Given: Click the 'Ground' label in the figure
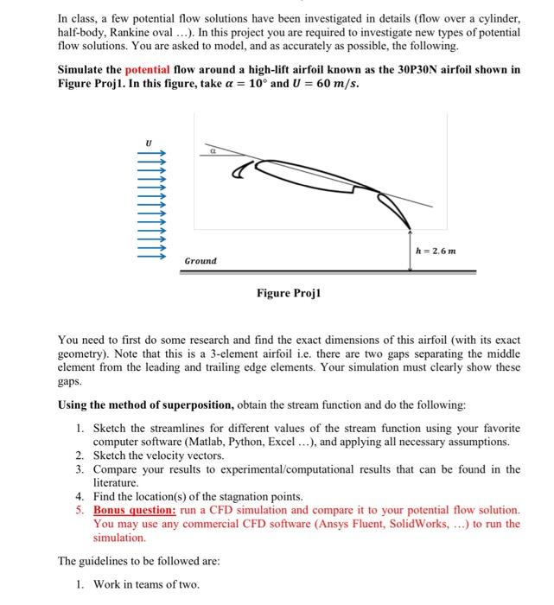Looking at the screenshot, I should point(201,260).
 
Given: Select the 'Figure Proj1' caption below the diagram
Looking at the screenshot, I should point(289,294).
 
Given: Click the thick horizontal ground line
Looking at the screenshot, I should point(328,271).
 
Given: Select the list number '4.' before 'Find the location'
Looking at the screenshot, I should point(80,497).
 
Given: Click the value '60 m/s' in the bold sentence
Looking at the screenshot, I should point(338,83).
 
